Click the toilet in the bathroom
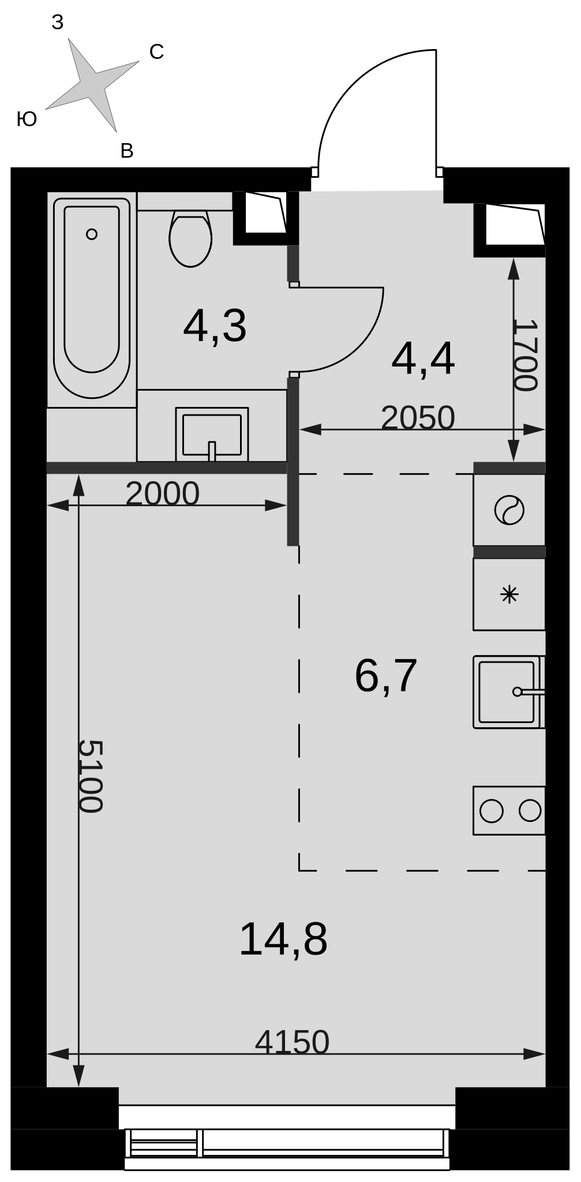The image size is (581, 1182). click(190, 238)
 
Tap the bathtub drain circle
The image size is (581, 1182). click(91, 234)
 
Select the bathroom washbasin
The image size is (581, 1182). click(212, 434)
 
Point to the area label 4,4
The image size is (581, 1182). click(423, 360)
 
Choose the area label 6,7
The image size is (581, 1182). click(385, 676)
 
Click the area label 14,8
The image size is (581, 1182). click(283, 940)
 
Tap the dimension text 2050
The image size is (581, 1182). click(418, 417)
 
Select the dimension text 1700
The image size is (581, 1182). click(525, 355)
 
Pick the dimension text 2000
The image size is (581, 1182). click(162, 493)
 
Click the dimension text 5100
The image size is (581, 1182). click(90, 776)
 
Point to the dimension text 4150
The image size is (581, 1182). click(292, 1042)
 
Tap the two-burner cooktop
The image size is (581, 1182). click(509, 810)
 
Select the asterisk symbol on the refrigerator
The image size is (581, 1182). click(509, 594)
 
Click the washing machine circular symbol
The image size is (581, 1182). click(509, 510)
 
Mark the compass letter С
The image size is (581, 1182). click(156, 52)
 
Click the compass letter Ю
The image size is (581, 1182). click(27, 119)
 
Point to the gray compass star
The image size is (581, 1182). click(93, 85)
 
